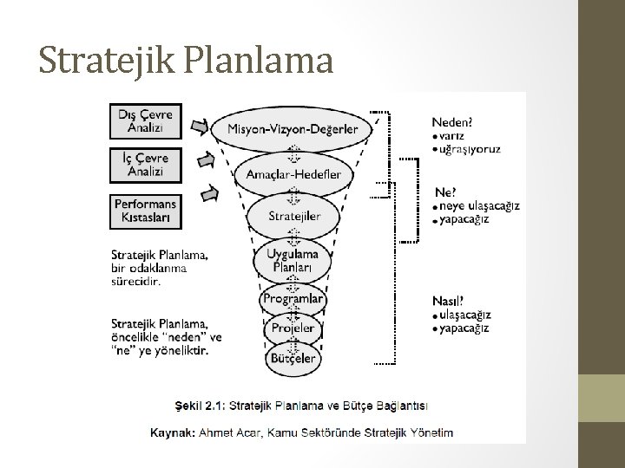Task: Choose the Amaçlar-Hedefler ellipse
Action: [x=293, y=174]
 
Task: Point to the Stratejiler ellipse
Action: [x=293, y=215]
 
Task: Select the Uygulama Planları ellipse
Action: [x=293, y=258]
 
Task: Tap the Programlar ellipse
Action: [x=293, y=298]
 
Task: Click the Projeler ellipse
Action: [x=293, y=328]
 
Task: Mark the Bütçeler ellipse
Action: [x=293, y=357]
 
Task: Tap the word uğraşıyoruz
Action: [x=469, y=149]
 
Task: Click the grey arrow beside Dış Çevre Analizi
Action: [x=199, y=129]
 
